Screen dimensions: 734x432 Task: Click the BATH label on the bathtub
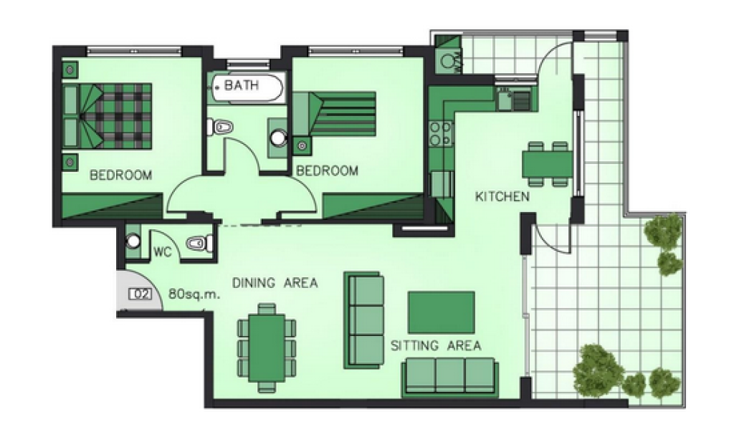[x=242, y=85]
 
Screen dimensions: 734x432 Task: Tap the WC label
[x=163, y=251]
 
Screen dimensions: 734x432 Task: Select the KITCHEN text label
[x=502, y=196]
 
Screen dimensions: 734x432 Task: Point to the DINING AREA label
[x=275, y=283]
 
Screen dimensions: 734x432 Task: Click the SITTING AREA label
[x=436, y=346]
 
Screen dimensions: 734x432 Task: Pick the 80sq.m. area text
[x=194, y=294]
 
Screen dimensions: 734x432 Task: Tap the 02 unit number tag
[x=140, y=294]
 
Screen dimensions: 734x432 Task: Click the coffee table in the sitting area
[x=442, y=312]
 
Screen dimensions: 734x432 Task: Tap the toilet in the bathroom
[x=220, y=127]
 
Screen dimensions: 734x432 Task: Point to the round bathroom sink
[x=279, y=138]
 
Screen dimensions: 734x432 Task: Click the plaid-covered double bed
[x=108, y=116]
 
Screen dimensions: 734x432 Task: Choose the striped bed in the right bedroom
[x=334, y=114]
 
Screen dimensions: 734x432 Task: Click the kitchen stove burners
[x=441, y=133]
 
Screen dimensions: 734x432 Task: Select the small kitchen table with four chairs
[x=547, y=164]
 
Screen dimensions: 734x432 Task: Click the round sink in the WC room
[x=133, y=241]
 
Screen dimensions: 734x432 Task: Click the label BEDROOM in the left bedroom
[x=120, y=176]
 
